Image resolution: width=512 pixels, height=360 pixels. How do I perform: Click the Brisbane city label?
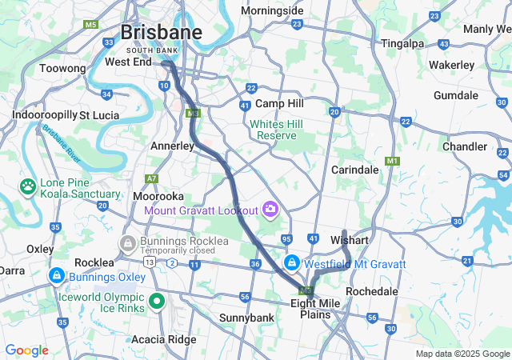point(161,32)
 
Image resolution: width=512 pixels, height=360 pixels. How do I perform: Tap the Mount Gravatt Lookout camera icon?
point(270,210)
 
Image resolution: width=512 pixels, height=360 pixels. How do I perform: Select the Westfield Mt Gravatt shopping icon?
point(293,263)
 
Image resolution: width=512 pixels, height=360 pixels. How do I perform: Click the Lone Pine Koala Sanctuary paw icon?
point(28,186)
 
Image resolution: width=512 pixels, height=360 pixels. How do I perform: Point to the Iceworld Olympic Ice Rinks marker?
point(158,301)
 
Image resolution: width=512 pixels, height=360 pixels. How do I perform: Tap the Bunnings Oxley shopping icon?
point(56,277)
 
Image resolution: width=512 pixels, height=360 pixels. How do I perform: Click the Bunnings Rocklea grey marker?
point(126,242)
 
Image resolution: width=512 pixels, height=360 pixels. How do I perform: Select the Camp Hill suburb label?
point(279,104)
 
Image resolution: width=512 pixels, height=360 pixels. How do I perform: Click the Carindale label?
point(354,170)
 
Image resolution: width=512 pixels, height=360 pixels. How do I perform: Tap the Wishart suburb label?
point(349,240)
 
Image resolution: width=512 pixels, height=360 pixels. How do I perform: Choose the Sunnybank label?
point(247,318)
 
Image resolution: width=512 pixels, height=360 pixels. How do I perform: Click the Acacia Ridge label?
point(163,339)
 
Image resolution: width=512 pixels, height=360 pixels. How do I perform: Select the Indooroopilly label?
point(43,115)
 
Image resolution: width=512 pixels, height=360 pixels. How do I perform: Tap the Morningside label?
point(272,11)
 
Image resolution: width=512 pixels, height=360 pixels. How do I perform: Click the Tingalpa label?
point(402,43)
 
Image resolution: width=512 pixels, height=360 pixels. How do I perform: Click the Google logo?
point(26,350)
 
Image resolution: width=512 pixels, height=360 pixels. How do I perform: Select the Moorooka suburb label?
point(158,195)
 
